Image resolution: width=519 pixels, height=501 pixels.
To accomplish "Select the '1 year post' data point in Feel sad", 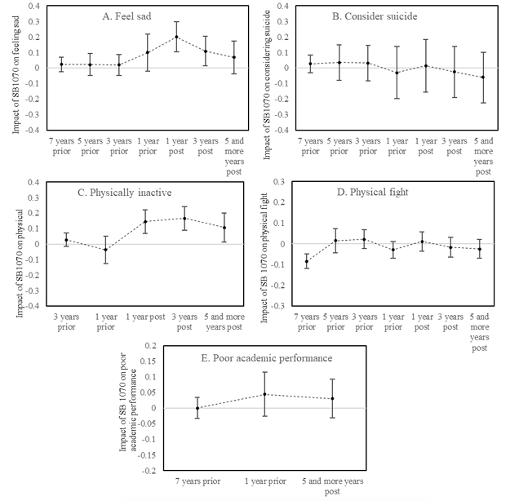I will tap(176, 37).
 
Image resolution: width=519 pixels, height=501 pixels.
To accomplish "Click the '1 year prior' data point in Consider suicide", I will tap(397, 73).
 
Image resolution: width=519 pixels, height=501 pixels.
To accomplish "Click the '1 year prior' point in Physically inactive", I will tap(105, 249).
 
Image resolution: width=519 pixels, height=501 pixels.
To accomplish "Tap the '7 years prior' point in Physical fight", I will tap(307, 261).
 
